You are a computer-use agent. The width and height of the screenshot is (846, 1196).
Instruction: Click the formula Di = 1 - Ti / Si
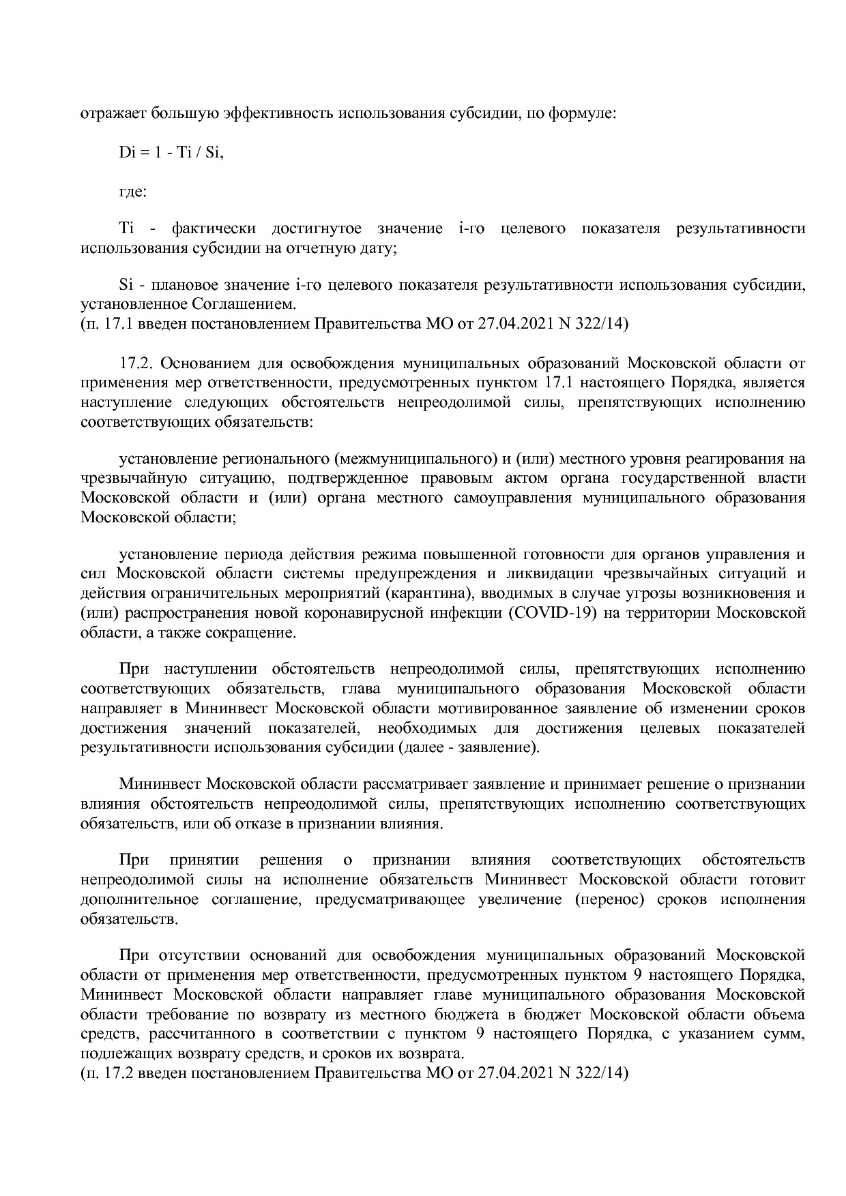(x=171, y=153)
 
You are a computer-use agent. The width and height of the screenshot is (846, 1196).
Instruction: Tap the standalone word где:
(x=132, y=191)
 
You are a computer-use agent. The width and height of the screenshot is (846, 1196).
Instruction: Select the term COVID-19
(x=552, y=612)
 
